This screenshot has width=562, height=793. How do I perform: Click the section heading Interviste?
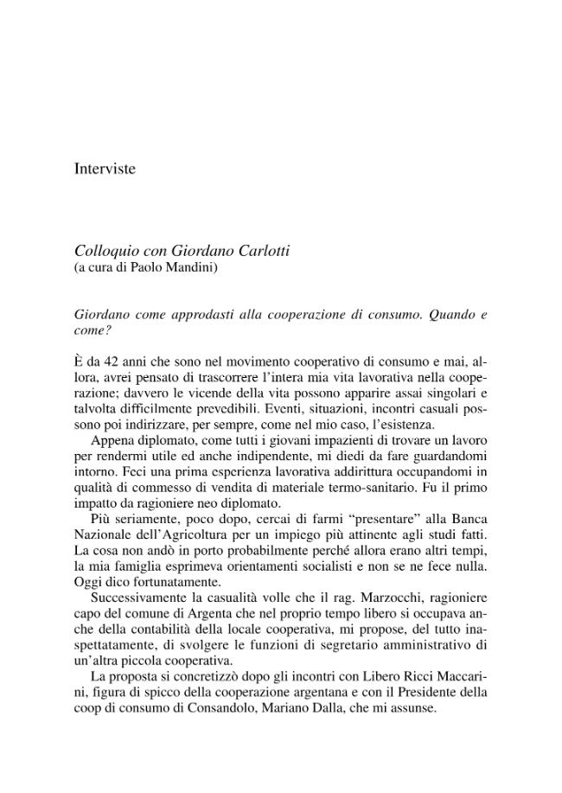[105, 169]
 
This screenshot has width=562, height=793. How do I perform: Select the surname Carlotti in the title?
[261, 251]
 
